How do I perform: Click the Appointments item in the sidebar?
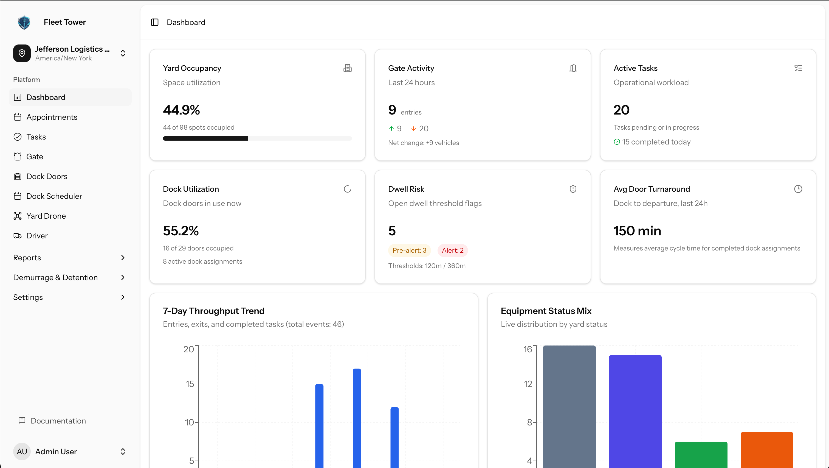(52, 117)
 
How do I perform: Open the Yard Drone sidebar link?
(46, 216)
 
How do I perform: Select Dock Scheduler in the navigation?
(54, 196)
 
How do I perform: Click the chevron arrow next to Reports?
(123, 258)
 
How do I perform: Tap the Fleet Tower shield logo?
(24, 22)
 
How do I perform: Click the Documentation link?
(58, 421)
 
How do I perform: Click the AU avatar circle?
(22, 451)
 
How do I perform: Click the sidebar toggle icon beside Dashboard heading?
(155, 22)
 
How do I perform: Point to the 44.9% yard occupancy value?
(181, 110)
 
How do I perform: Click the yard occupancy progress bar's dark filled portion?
(205, 138)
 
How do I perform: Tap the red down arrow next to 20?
(413, 129)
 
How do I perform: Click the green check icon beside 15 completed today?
(617, 142)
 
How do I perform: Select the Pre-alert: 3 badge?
(409, 250)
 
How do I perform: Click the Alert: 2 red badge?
(452, 250)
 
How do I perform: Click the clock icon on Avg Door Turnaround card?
(798, 189)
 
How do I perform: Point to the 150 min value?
(637, 231)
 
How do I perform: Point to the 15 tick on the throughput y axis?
(190, 384)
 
